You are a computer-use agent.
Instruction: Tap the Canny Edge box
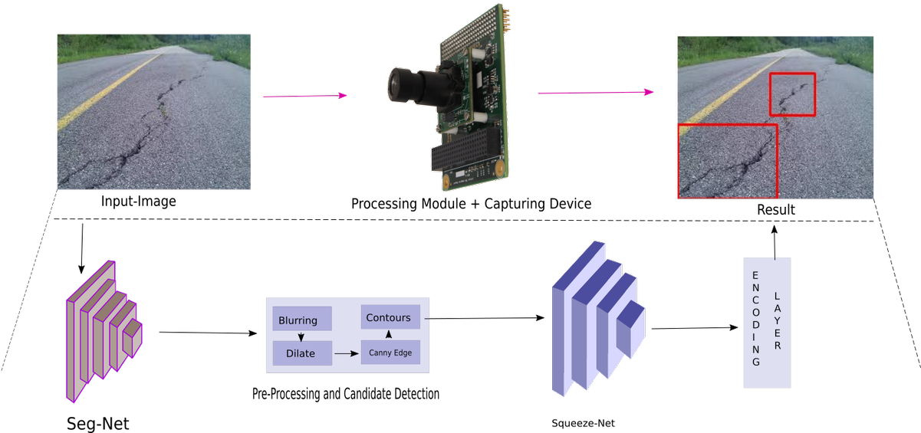[x=391, y=353]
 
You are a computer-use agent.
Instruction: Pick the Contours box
[x=388, y=317]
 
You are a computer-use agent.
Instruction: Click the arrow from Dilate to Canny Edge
[x=347, y=354]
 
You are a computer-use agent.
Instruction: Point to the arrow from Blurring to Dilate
[x=301, y=336]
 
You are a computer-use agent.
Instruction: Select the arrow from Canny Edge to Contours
[x=388, y=334]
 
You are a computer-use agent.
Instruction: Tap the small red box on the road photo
[x=792, y=94]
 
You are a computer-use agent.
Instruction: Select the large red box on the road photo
[x=727, y=161]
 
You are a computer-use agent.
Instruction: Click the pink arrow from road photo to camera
[x=304, y=97]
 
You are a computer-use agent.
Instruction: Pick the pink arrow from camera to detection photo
[x=595, y=93]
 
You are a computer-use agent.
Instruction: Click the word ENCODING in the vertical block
[x=755, y=318]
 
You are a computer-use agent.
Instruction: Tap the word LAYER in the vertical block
[x=778, y=320]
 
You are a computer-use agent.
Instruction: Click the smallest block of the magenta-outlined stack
[x=132, y=339]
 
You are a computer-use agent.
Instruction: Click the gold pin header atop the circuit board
[x=508, y=19]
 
